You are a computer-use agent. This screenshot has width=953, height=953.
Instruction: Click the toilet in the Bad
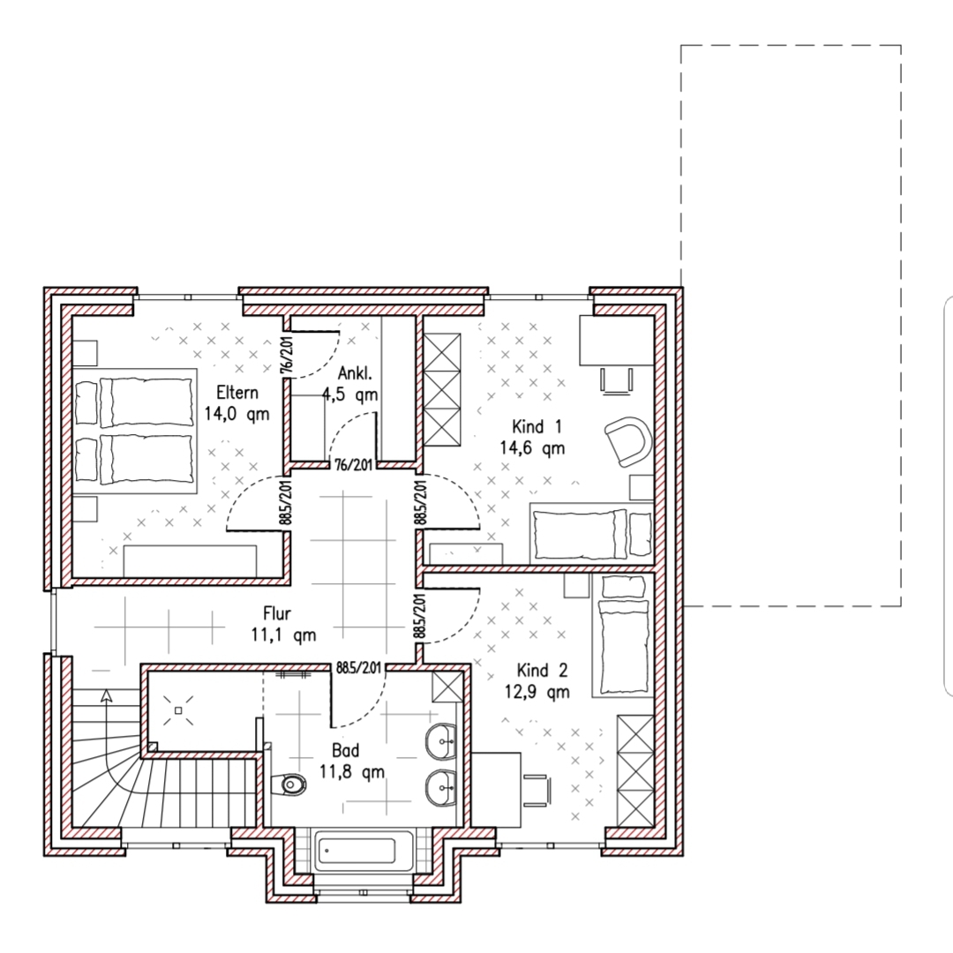(292, 784)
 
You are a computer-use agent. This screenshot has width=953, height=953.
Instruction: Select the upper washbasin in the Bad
(441, 741)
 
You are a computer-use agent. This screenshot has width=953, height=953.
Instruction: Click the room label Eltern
(237, 393)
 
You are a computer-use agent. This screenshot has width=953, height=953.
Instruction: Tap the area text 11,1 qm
(284, 635)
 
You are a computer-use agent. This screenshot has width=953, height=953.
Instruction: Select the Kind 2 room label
(542, 671)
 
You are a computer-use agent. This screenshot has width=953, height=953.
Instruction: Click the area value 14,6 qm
(532, 448)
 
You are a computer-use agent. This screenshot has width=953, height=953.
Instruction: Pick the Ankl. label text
(355, 372)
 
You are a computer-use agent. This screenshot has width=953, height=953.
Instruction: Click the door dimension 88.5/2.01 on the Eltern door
(286, 502)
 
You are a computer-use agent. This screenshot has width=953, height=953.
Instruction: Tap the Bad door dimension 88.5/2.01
(359, 668)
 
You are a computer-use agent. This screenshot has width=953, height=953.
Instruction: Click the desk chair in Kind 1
(618, 380)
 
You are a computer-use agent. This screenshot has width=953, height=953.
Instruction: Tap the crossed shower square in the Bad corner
(447, 687)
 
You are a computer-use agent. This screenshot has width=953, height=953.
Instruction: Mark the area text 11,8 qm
(352, 772)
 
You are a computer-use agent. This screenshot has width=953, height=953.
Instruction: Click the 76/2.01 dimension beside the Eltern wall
(287, 356)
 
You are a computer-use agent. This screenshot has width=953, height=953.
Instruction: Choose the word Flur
(277, 613)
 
